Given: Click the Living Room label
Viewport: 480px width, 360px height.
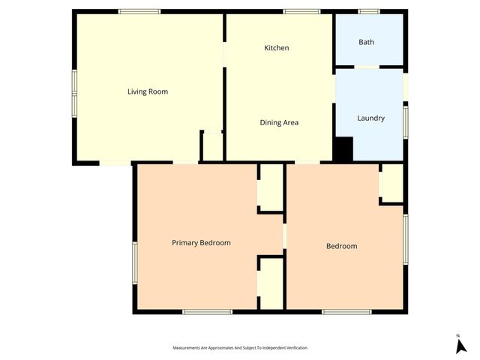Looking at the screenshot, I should pos(147,91).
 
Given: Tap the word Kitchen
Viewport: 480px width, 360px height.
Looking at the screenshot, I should pos(276,48).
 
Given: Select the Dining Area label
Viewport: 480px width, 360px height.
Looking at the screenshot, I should pos(279,122).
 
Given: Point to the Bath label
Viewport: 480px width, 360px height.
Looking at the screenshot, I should pos(366,42).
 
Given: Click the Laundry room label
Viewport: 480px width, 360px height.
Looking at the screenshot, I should pos(370,118).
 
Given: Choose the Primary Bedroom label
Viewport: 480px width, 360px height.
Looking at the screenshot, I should pos(201,242).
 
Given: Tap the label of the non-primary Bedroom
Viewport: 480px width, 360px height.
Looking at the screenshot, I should pos(341,246).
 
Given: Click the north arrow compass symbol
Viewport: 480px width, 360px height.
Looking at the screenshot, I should pos(460,345).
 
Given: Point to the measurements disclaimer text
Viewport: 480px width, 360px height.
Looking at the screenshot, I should pos(240,348).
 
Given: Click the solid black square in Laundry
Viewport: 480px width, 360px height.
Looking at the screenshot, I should pos(343,148).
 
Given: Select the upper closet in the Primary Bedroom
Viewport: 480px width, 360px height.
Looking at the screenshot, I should pos(271,187).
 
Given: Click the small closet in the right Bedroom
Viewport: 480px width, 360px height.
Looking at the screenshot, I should pos(391,183).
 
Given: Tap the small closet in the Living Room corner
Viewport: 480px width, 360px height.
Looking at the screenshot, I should pos(212,146).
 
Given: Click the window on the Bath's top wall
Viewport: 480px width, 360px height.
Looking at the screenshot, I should pos(368,11).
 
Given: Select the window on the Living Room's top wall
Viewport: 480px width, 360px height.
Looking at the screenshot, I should pos(139,11).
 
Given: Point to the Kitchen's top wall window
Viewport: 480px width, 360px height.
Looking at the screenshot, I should pos(301,11).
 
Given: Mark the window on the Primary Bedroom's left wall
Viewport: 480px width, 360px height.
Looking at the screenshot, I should pos(135,262).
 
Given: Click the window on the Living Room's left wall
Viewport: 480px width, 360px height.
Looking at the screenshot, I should pos(73,93).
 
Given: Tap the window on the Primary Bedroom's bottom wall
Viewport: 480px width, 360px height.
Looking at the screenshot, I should pos(207,311).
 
